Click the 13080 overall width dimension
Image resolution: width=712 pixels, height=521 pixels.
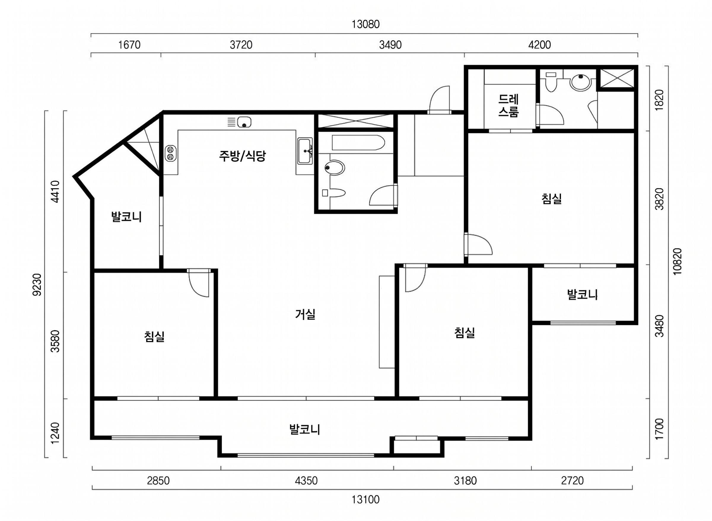[x=365, y=24]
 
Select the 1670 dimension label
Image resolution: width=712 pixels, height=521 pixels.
[x=129, y=45]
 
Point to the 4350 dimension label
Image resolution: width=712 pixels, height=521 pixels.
[x=306, y=481]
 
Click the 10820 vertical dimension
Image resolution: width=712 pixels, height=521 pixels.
[x=677, y=262]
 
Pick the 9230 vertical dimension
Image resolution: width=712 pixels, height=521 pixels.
[x=37, y=285]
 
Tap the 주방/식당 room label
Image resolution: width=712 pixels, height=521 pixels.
[x=242, y=156]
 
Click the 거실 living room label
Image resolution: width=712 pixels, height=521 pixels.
[x=305, y=314]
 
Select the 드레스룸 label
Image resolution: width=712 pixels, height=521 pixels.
[x=508, y=106]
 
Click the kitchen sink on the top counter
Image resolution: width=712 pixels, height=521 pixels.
[x=244, y=122]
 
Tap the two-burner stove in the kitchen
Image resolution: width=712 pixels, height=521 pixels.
[x=171, y=153]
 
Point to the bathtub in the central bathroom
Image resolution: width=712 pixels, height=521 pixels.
[x=358, y=143]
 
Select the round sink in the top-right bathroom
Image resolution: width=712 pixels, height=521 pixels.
[x=581, y=82]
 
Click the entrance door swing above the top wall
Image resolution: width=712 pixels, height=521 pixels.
[x=439, y=99]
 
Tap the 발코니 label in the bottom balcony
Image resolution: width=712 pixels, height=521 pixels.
[x=305, y=430]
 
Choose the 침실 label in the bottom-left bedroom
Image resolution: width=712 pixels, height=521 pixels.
[x=154, y=337]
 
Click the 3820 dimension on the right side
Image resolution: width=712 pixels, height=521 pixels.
[x=659, y=199]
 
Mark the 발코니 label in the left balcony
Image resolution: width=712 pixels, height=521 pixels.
[x=126, y=217]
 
